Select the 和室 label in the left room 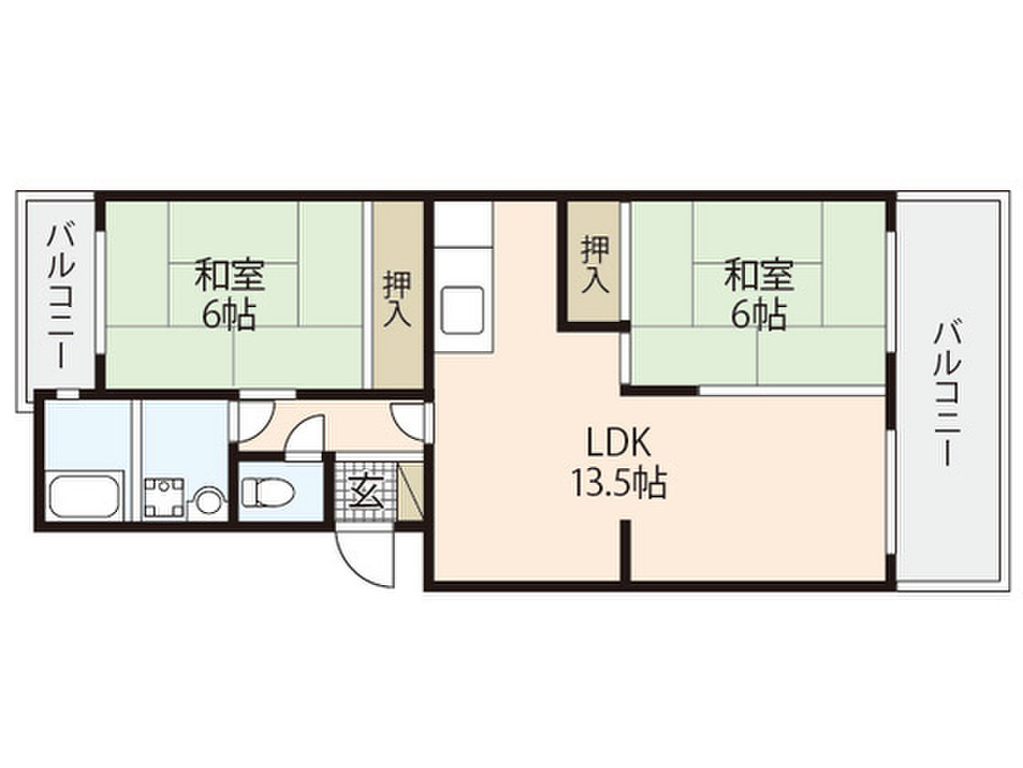[x=231, y=272]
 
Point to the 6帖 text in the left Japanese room [x=231, y=315]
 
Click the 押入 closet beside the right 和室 [x=593, y=262]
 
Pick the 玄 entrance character [x=364, y=492]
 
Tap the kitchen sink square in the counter [x=464, y=307]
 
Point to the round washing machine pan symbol [x=207, y=498]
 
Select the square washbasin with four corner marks [x=164, y=497]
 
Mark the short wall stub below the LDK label [x=626, y=550]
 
